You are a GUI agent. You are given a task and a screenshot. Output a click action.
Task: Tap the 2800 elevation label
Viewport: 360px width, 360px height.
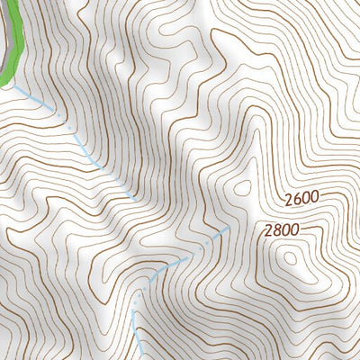click(x=281, y=230)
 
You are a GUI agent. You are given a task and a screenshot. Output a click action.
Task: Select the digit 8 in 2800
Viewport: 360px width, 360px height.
click(x=275, y=230)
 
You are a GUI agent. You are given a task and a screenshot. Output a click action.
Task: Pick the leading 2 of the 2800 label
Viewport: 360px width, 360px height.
click(x=267, y=230)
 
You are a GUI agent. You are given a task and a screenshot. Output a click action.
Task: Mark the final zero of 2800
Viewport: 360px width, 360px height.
click(x=293, y=230)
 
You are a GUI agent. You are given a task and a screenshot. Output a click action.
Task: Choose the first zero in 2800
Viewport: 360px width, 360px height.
click(x=284, y=230)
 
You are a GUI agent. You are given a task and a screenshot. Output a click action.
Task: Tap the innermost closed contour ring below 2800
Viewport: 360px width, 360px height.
click(x=290, y=258)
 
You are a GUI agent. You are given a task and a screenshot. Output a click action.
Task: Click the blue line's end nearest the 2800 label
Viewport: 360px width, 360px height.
click(x=225, y=232)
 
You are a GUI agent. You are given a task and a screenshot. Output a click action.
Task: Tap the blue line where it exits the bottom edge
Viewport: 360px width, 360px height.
click(x=142, y=358)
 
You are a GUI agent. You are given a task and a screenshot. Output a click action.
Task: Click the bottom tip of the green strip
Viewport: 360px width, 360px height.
click(x=4, y=85)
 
